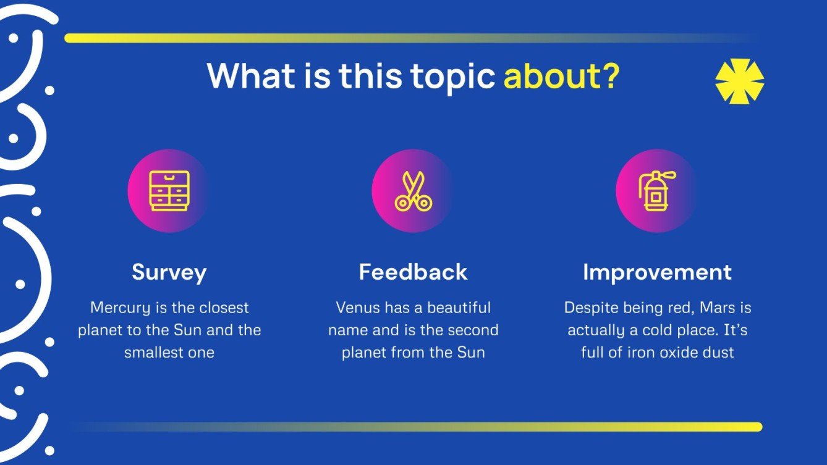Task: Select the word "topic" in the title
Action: tap(452, 78)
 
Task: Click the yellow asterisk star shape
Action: tap(739, 81)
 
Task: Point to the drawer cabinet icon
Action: tap(169, 191)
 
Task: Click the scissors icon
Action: tap(413, 191)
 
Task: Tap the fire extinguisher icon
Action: tap(657, 191)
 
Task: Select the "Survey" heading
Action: tap(169, 273)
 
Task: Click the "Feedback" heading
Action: tap(413, 272)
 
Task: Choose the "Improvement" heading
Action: tap(657, 273)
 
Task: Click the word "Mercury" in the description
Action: tap(121, 308)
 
